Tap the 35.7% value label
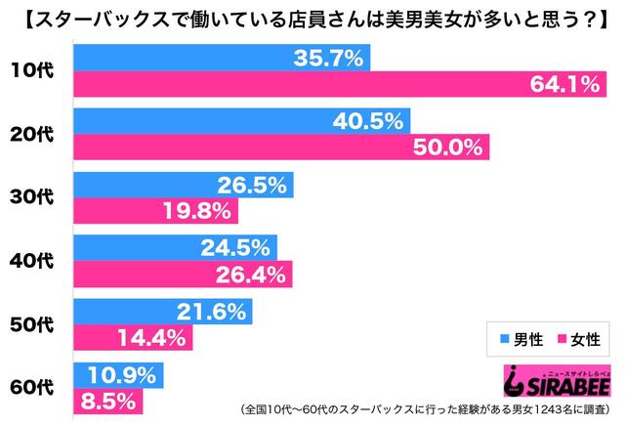pyautogui.click(x=328, y=59)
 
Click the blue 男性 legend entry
pyautogui.click(x=521, y=338)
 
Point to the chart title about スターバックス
pyautogui.click(x=312, y=19)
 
